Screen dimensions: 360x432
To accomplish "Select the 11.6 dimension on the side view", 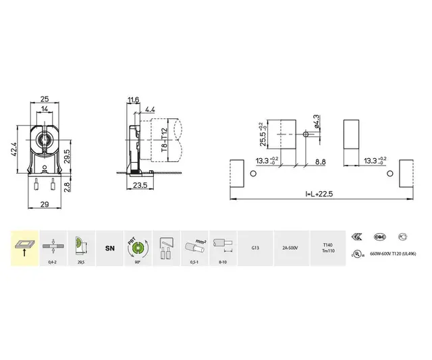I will (133, 100).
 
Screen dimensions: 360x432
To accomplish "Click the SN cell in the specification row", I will (109, 249).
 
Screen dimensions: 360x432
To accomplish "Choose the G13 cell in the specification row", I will (254, 249).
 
